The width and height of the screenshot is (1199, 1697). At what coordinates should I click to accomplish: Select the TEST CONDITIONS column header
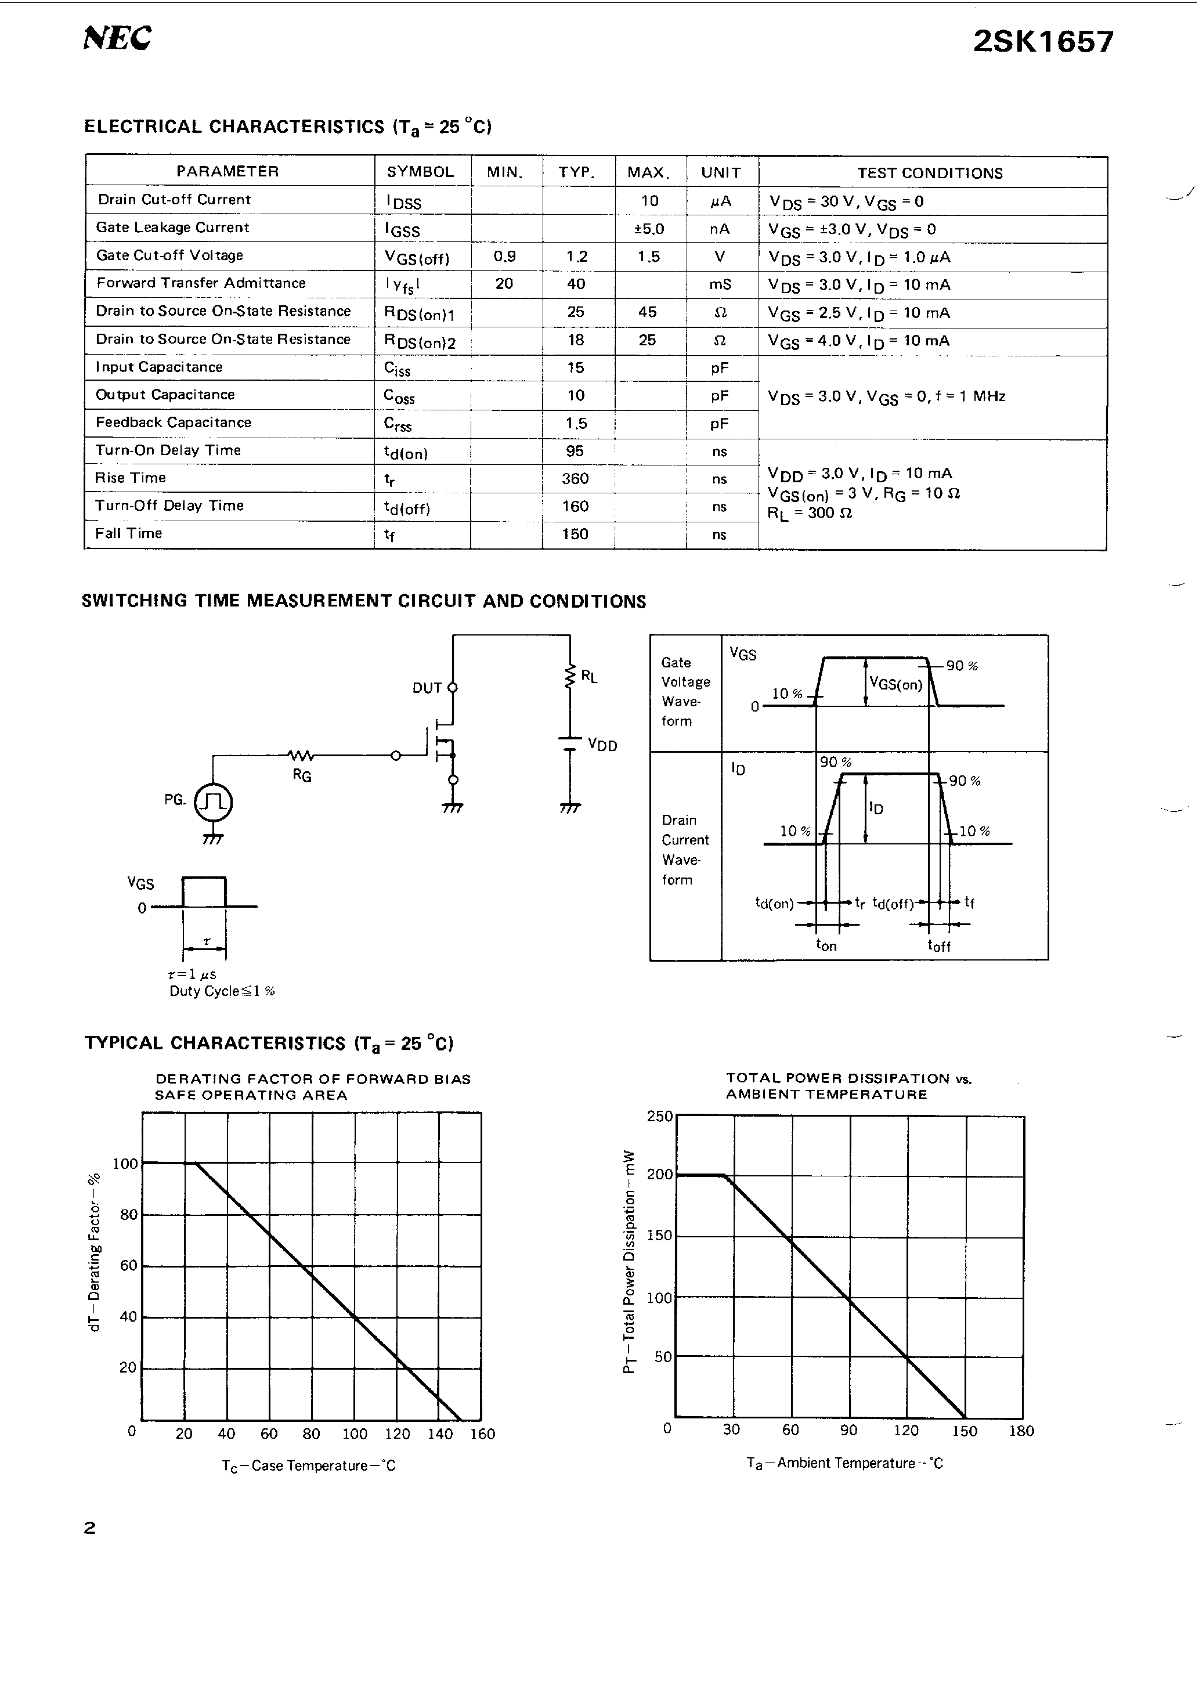tap(929, 173)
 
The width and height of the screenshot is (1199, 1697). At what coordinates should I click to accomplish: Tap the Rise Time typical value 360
tap(575, 479)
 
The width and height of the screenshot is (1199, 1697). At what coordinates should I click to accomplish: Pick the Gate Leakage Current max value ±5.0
tap(649, 229)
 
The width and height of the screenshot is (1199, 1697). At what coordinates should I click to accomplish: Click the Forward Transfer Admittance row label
tap(200, 283)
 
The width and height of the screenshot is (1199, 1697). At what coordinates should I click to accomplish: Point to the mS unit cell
tap(720, 284)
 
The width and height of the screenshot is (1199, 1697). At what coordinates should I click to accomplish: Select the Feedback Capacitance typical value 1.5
tap(576, 424)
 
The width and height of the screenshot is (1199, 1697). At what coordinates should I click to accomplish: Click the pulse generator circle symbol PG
tap(213, 803)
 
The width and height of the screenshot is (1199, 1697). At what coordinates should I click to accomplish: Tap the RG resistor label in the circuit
tap(302, 775)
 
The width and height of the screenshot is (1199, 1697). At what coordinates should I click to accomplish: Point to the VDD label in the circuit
tap(602, 746)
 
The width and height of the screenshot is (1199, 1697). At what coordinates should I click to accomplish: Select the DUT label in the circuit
tap(427, 688)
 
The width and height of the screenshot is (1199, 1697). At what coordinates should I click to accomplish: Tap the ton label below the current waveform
tap(826, 945)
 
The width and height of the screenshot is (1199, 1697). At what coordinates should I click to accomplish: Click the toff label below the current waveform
tap(939, 945)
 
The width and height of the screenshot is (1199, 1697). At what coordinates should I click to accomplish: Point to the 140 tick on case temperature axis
tap(440, 1435)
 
